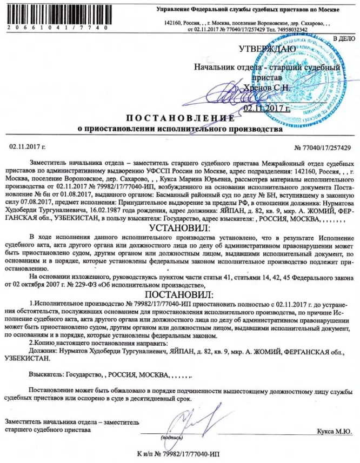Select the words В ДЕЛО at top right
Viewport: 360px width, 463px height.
(344, 39)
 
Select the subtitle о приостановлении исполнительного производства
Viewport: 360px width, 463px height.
(180, 130)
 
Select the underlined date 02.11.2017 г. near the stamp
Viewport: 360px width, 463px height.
(264, 108)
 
